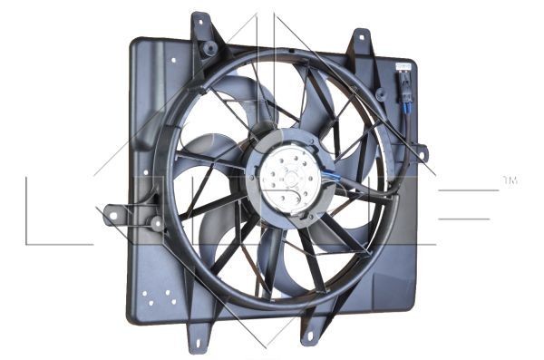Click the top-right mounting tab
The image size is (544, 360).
pos(360,41)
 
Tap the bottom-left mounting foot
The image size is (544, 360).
pos(199,336)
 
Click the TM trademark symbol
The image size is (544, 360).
pos(510,182)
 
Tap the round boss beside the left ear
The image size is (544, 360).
pos(157,220)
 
